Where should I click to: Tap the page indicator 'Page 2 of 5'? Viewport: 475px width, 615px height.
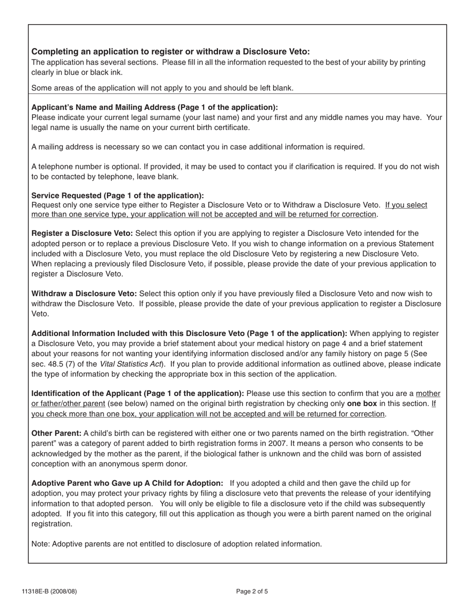tap(252, 591)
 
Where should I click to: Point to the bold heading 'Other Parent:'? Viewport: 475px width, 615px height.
tap(56, 433)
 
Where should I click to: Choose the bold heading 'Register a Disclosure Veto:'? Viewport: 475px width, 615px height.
tap(82, 233)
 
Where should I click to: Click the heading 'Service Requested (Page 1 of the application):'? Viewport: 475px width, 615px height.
tap(117, 195)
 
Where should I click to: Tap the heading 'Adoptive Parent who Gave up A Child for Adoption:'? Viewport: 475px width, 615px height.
tap(127, 483)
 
